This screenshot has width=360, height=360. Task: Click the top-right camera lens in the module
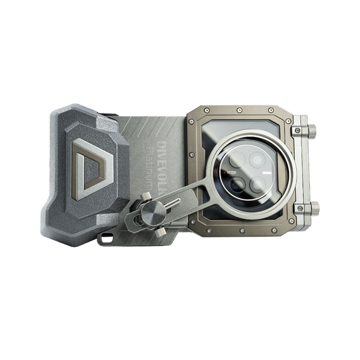(x=256, y=161)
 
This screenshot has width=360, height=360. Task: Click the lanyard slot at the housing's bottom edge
(x=105, y=239)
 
